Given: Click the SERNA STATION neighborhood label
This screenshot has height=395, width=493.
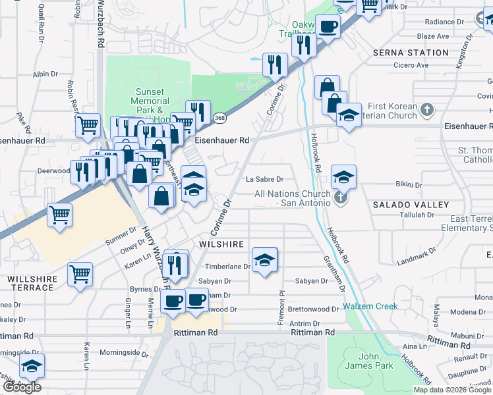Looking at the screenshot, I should click(x=410, y=52).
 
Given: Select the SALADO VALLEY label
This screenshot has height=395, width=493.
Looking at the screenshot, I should click(x=411, y=205).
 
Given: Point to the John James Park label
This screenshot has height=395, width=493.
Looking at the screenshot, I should click(x=370, y=361).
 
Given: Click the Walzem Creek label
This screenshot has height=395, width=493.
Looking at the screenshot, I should click(x=370, y=306).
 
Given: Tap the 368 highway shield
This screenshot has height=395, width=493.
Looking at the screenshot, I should click(x=219, y=118).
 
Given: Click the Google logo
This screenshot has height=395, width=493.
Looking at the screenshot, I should click(x=22, y=387).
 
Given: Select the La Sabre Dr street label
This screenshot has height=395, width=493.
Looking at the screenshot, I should click(x=264, y=179).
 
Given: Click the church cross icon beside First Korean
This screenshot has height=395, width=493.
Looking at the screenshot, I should click(x=427, y=109).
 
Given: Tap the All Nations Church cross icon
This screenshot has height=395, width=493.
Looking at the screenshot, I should click(x=340, y=197).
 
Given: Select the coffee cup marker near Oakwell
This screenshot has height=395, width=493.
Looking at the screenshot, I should click(x=328, y=27).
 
